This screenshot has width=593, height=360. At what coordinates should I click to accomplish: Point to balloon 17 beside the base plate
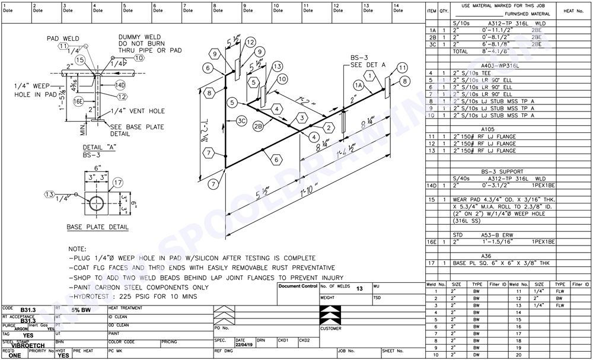(x=117, y=182)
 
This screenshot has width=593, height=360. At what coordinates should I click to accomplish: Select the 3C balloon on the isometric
(x=241, y=121)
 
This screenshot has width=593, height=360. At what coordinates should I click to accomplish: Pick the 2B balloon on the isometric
(x=259, y=126)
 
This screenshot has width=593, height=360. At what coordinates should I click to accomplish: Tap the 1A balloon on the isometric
(x=358, y=85)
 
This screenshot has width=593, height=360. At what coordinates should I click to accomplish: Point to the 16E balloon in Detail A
(x=78, y=101)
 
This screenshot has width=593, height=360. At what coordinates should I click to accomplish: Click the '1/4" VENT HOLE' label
(x=132, y=111)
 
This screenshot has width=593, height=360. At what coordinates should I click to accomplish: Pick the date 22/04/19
(x=243, y=345)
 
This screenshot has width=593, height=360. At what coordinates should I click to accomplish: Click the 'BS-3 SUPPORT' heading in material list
(x=501, y=170)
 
